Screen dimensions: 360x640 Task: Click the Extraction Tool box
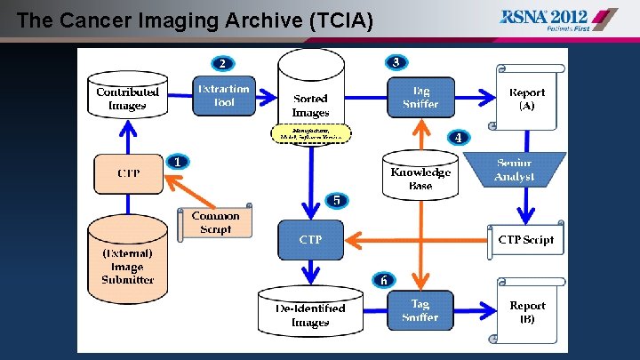click(x=224, y=96)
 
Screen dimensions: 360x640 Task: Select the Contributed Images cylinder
click(x=127, y=97)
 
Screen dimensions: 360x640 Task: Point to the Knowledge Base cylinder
click(x=420, y=176)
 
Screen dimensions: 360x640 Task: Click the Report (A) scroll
click(x=528, y=97)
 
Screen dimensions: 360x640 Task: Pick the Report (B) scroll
click(x=528, y=311)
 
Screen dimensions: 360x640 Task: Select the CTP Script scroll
click(x=525, y=239)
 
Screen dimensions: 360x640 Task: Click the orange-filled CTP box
click(x=128, y=172)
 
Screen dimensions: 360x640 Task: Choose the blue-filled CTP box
click(x=310, y=239)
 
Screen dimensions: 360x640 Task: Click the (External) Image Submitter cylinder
click(x=127, y=261)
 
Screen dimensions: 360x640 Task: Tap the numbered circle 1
click(x=178, y=162)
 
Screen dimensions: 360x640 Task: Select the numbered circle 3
click(x=396, y=62)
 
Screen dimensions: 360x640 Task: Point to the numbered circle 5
click(x=336, y=200)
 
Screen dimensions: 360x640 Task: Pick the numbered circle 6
click(x=384, y=280)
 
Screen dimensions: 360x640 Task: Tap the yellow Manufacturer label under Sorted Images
click(x=310, y=133)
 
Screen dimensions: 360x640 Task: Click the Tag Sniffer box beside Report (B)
click(x=420, y=310)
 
